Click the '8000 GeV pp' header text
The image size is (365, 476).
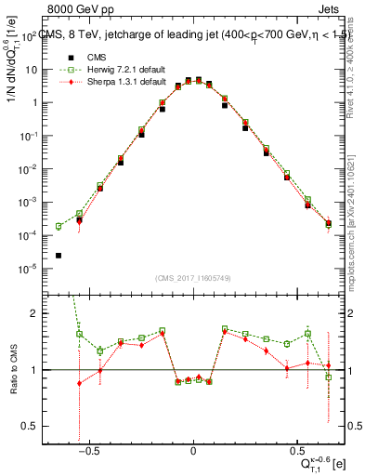77,9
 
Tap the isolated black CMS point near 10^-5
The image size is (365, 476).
59,256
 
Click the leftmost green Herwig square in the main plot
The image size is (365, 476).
59,226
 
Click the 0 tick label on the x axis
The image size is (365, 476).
192,451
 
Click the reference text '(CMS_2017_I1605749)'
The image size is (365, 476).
192,278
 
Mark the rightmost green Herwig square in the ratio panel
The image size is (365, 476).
328,377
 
